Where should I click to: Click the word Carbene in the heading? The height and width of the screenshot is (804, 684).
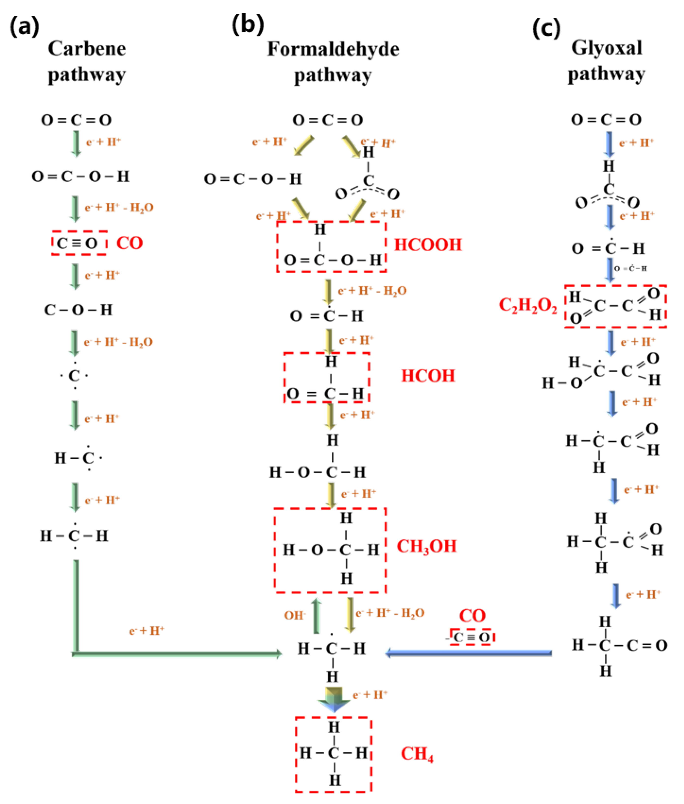[87, 49]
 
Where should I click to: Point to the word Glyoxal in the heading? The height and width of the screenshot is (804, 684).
[606, 48]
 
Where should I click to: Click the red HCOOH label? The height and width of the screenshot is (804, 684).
[428, 245]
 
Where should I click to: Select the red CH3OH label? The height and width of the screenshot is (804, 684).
[426, 547]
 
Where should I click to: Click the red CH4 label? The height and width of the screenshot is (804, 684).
[417, 754]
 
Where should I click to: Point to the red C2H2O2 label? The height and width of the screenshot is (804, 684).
[528, 306]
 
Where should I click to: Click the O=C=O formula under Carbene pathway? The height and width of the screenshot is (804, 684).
[76, 120]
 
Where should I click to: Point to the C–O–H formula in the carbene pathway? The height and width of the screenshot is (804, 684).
[78, 310]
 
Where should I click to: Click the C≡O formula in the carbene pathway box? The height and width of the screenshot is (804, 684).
[77, 243]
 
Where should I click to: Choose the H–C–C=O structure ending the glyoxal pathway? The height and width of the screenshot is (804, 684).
[619, 646]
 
